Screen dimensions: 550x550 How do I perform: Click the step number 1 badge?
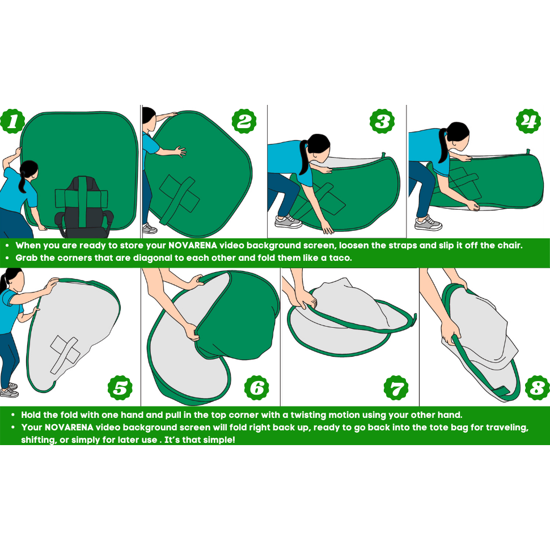[x=12, y=121]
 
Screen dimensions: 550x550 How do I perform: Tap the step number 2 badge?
[x=244, y=121]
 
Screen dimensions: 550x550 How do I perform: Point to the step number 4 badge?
[x=528, y=121]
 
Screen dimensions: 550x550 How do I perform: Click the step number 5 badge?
[x=120, y=388]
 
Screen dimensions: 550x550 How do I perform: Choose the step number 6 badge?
[x=257, y=388]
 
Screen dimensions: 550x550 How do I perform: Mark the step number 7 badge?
[x=396, y=388]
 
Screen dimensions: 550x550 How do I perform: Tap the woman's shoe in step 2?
[x=149, y=229]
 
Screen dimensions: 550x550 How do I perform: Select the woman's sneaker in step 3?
[x=289, y=221]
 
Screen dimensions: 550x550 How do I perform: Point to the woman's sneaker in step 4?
[x=428, y=223]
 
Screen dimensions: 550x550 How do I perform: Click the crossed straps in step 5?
[x=65, y=354]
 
